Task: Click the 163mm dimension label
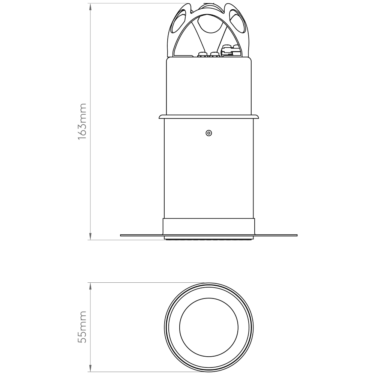tap(82, 122)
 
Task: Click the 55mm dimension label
tap(82, 327)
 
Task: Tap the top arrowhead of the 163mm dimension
tap(90, 7)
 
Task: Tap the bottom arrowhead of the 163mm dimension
tap(90, 236)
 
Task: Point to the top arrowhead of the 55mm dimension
tap(90, 286)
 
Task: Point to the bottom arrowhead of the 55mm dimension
tap(90, 369)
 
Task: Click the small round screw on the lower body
tap(209, 133)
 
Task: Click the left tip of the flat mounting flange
tap(120, 235)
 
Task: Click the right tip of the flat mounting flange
tap(297, 235)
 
